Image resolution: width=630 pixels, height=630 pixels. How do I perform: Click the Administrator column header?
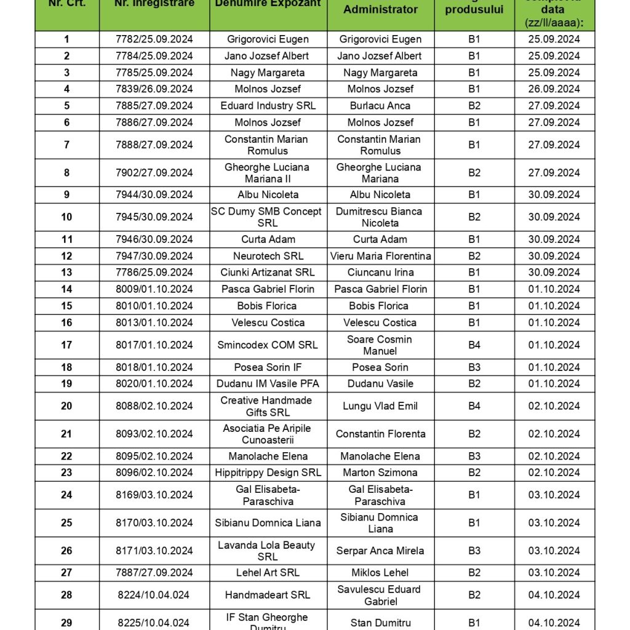click(x=380, y=9)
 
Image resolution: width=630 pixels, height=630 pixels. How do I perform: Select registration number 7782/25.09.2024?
click(x=154, y=39)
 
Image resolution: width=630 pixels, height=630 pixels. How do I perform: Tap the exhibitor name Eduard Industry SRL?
click(x=268, y=106)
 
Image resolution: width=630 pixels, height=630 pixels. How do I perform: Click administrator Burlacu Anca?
click(x=380, y=106)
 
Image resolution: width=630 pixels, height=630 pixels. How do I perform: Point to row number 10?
click(x=66, y=217)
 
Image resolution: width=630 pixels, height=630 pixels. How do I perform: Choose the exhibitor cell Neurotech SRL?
click(x=268, y=256)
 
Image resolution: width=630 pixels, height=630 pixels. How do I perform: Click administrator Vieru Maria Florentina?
click(x=380, y=256)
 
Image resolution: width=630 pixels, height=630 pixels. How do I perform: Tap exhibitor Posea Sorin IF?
click(x=268, y=367)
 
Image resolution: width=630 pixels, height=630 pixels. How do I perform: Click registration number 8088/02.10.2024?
click(x=154, y=406)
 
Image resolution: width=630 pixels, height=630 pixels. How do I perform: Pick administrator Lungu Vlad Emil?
click(x=380, y=406)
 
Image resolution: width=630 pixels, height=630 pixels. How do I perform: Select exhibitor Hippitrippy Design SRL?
click(x=268, y=472)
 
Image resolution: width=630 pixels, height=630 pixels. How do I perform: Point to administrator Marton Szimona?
click(x=380, y=472)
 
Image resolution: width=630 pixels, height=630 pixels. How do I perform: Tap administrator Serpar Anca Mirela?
click(x=380, y=551)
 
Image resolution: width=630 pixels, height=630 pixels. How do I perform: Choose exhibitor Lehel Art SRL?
click(x=268, y=573)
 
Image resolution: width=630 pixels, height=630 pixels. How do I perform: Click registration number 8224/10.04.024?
click(x=154, y=595)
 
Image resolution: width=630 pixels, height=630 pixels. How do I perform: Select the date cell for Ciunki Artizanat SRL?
click(x=554, y=273)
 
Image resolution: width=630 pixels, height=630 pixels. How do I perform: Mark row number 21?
click(x=66, y=434)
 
